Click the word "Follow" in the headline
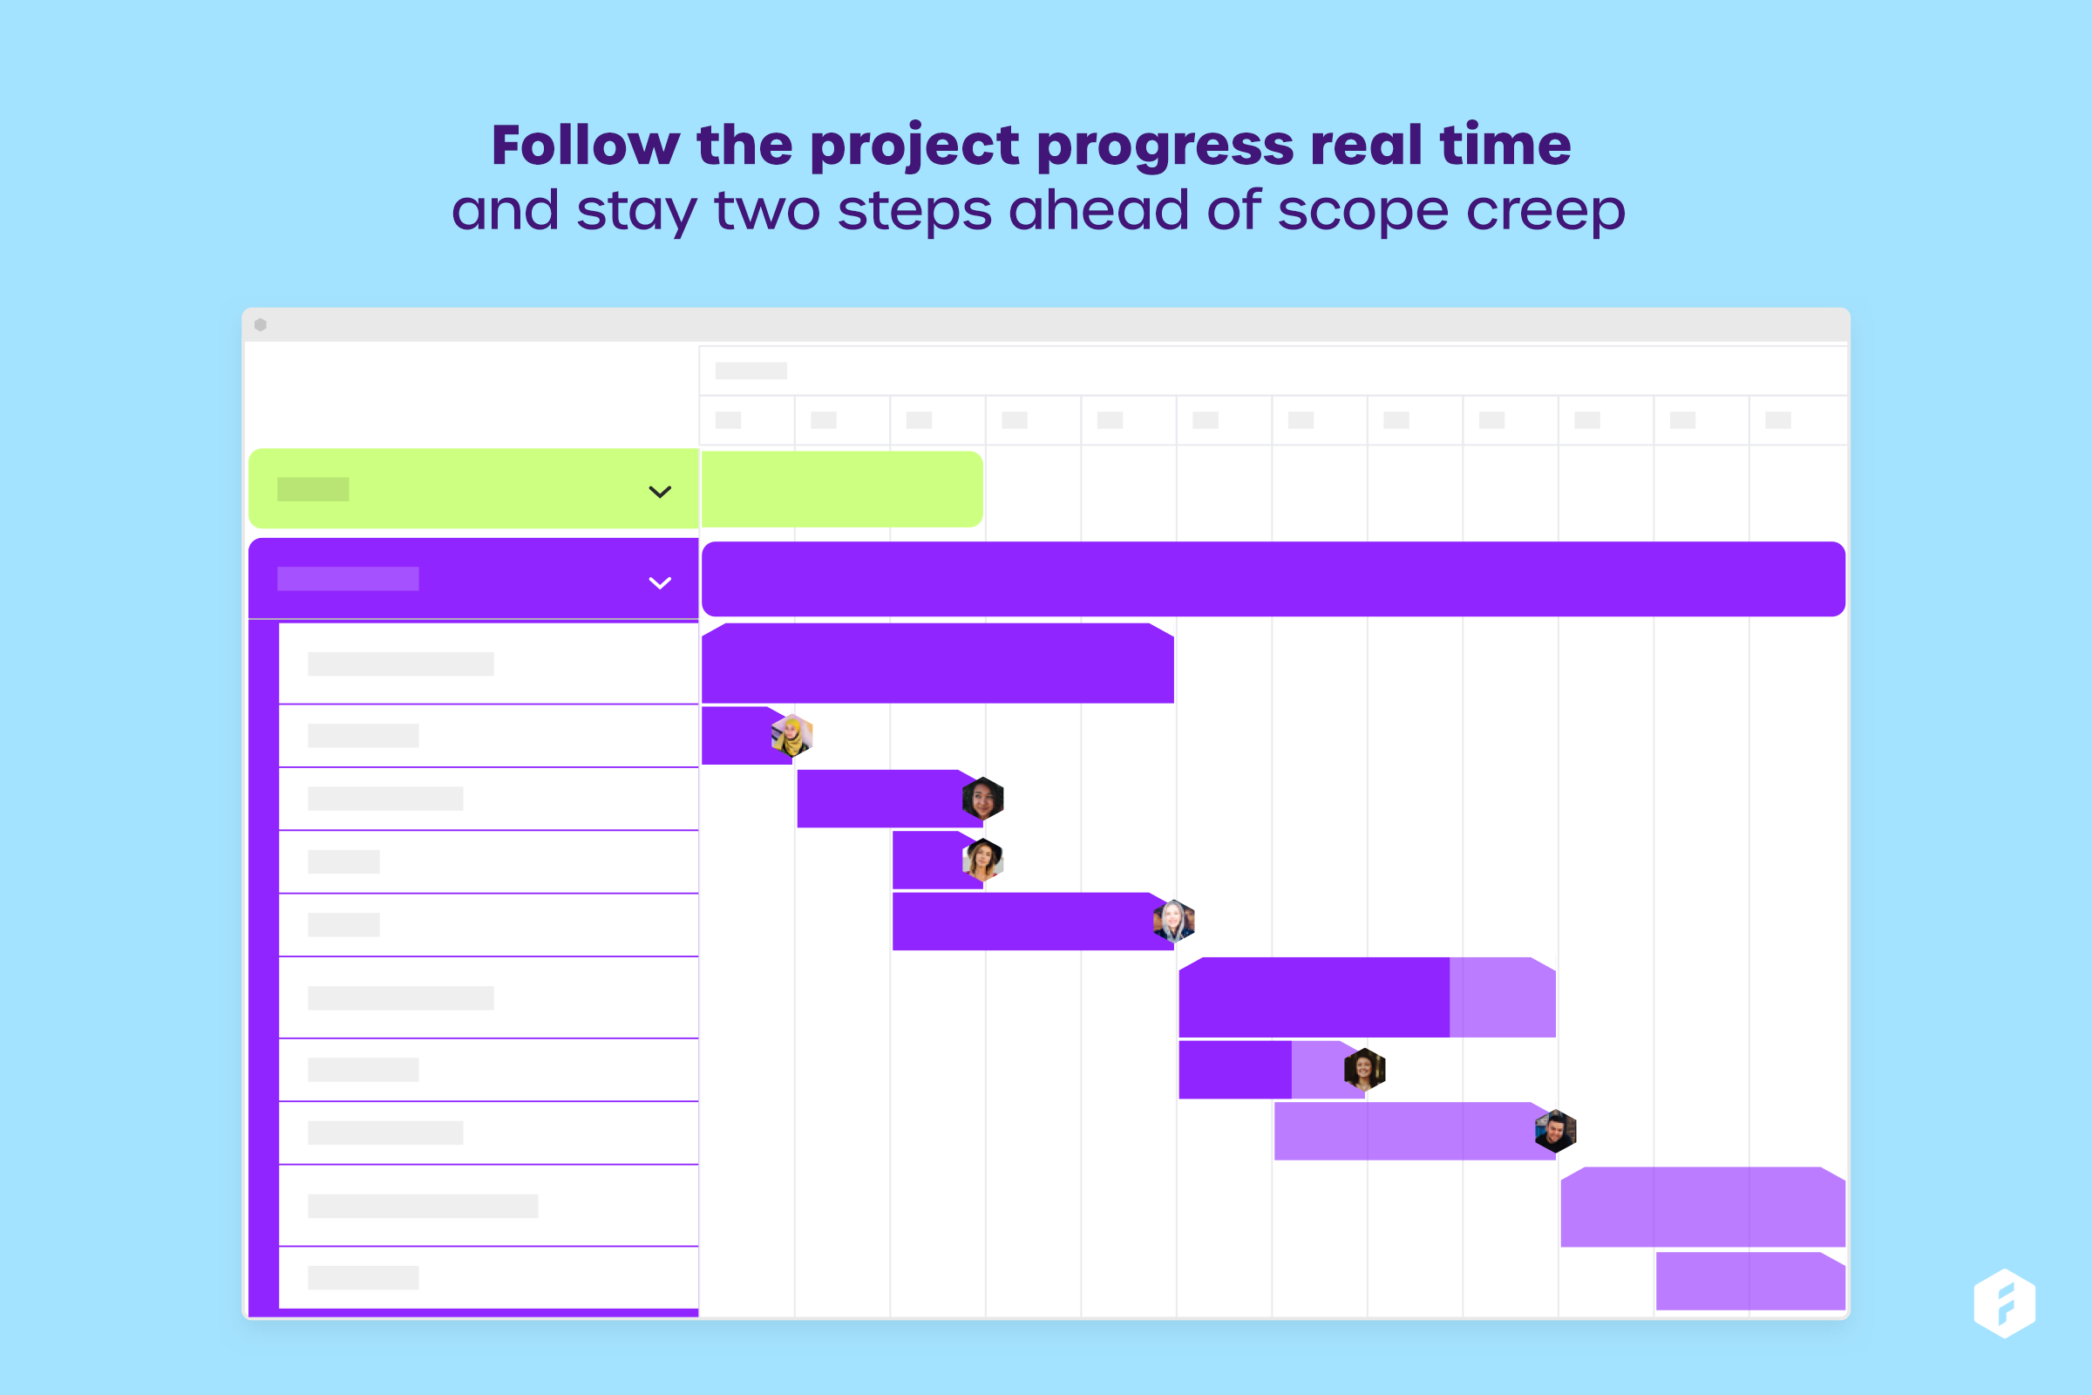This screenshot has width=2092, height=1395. coord(585,145)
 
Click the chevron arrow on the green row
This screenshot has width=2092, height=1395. coord(660,492)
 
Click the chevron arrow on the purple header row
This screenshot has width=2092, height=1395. coord(660,582)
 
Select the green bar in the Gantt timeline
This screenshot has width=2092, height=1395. coord(842,489)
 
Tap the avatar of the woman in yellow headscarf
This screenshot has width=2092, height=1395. coord(791,736)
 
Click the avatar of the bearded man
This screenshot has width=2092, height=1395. coord(1556,1132)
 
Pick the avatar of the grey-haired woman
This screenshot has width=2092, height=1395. coord(1174,921)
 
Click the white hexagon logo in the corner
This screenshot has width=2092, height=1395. coord(2005,1303)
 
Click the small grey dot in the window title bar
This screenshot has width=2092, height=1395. coord(261,324)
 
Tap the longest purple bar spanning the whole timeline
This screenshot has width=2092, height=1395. coord(1274,579)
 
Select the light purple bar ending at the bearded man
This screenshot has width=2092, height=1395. coord(1415,1132)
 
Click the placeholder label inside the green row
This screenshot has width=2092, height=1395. coord(313,489)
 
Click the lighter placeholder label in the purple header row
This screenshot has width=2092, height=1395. coord(348,579)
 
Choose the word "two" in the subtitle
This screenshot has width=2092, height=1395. coord(768,211)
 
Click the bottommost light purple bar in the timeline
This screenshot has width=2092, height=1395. coord(1750,1281)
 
